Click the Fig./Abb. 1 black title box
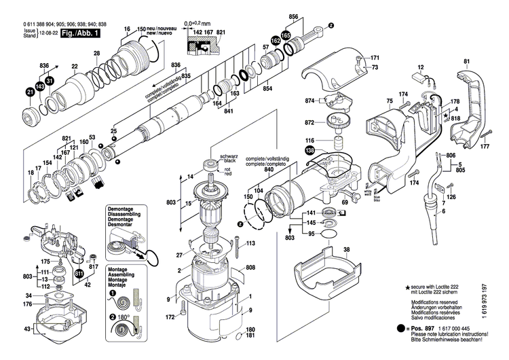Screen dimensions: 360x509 click(x=81, y=33)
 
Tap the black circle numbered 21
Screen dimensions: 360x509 click(x=30, y=92)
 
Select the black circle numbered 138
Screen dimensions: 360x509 click(x=310, y=151)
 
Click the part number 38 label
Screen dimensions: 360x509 click(x=347, y=250)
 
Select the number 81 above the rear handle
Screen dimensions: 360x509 click(x=466, y=62)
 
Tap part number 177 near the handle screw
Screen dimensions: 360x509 click(x=485, y=146)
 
